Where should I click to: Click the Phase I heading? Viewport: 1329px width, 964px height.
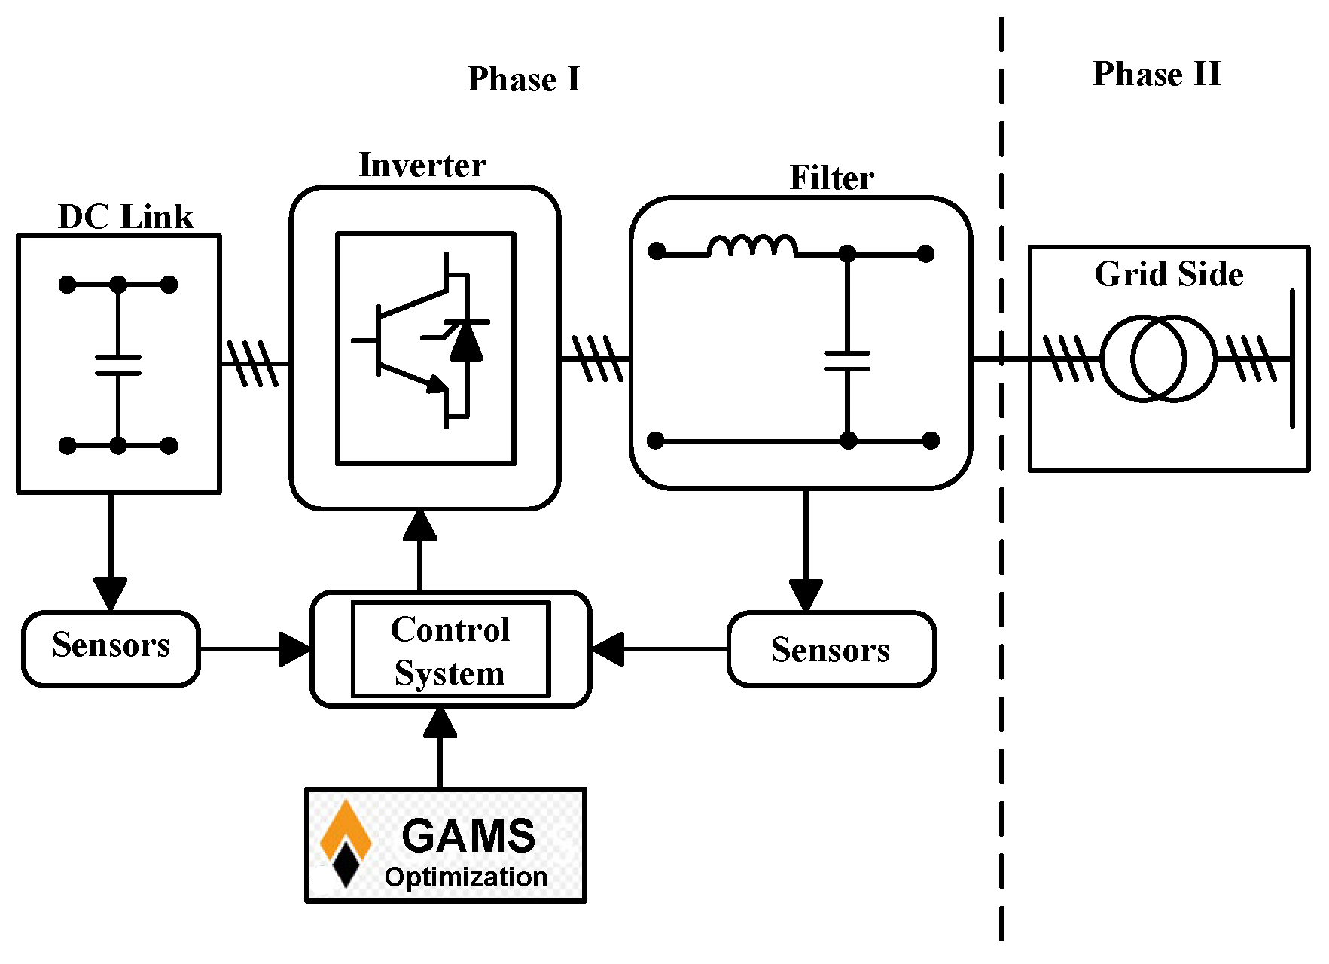[x=523, y=79]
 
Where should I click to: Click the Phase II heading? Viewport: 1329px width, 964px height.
[x=1156, y=74]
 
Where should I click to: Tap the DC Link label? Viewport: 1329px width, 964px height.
[x=126, y=217]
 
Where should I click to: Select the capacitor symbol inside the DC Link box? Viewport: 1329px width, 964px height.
[x=118, y=365]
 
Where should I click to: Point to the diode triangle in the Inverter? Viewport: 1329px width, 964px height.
[x=466, y=343]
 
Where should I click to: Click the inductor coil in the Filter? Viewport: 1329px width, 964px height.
[x=751, y=247]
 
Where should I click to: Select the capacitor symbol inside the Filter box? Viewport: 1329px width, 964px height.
[x=847, y=361]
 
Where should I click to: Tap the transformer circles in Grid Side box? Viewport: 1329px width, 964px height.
[x=1158, y=359]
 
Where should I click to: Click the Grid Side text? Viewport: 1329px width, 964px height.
[x=1169, y=274]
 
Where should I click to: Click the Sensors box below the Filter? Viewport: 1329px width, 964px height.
[x=831, y=649]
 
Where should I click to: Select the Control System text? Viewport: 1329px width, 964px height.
[x=450, y=651]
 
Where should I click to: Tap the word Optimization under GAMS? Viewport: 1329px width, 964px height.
[x=465, y=877]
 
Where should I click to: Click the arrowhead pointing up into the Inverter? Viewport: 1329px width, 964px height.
[x=419, y=526]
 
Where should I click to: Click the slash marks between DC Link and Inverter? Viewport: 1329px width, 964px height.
[x=253, y=364]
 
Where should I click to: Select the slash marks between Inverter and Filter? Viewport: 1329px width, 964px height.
[x=597, y=359]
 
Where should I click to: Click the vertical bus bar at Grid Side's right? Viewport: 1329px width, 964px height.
[x=1292, y=358]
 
